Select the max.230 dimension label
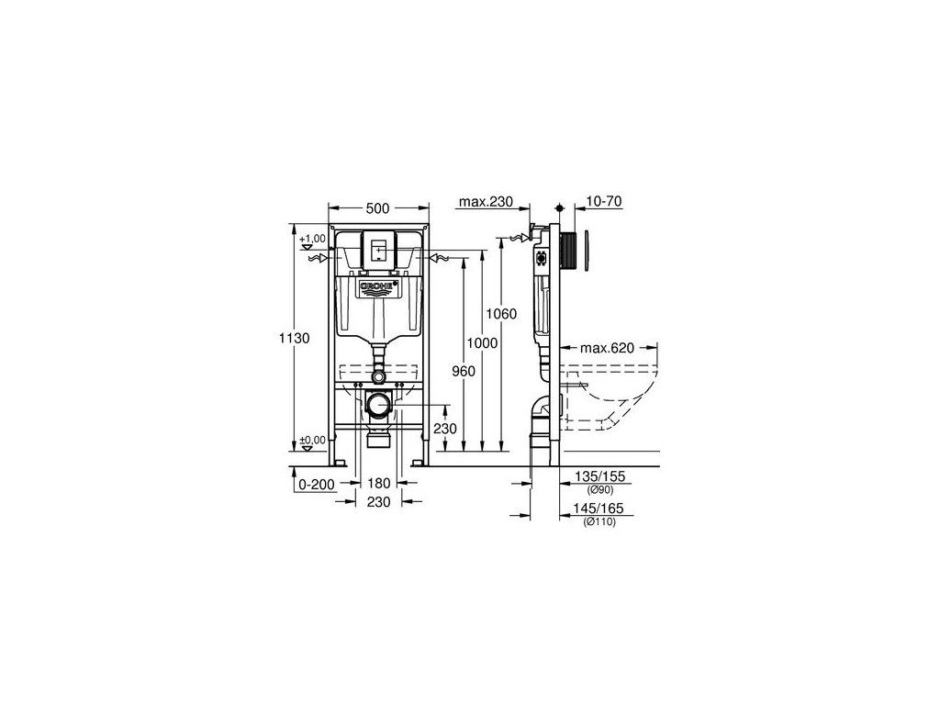click(486, 202)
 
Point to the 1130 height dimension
click(295, 338)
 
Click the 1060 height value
click(527, 313)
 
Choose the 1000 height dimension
click(481, 342)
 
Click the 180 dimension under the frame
click(379, 483)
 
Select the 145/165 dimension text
click(599, 509)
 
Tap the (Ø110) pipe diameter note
click(599, 521)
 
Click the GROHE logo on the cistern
click(378, 288)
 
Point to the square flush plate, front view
click(378, 249)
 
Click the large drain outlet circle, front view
click(378, 404)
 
